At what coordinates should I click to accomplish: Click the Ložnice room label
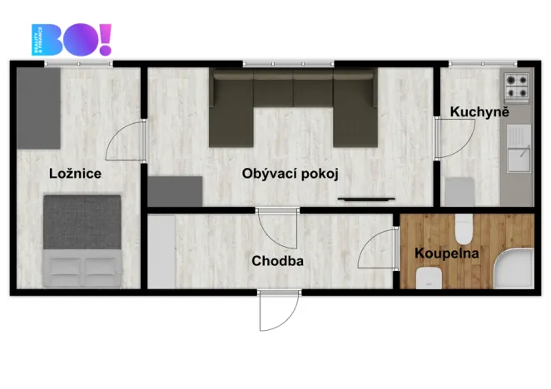click(x=75, y=174)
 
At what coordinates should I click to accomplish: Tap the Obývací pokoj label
click(x=290, y=174)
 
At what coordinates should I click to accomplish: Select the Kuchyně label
click(x=479, y=111)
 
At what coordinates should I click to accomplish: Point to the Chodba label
click(x=277, y=261)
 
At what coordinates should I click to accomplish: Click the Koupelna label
click(x=447, y=254)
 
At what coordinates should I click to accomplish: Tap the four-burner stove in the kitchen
click(x=516, y=84)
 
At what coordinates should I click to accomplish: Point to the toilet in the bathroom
click(x=464, y=226)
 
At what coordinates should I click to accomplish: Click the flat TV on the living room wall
click(x=360, y=199)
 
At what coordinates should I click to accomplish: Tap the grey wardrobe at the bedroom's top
click(x=39, y=106)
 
